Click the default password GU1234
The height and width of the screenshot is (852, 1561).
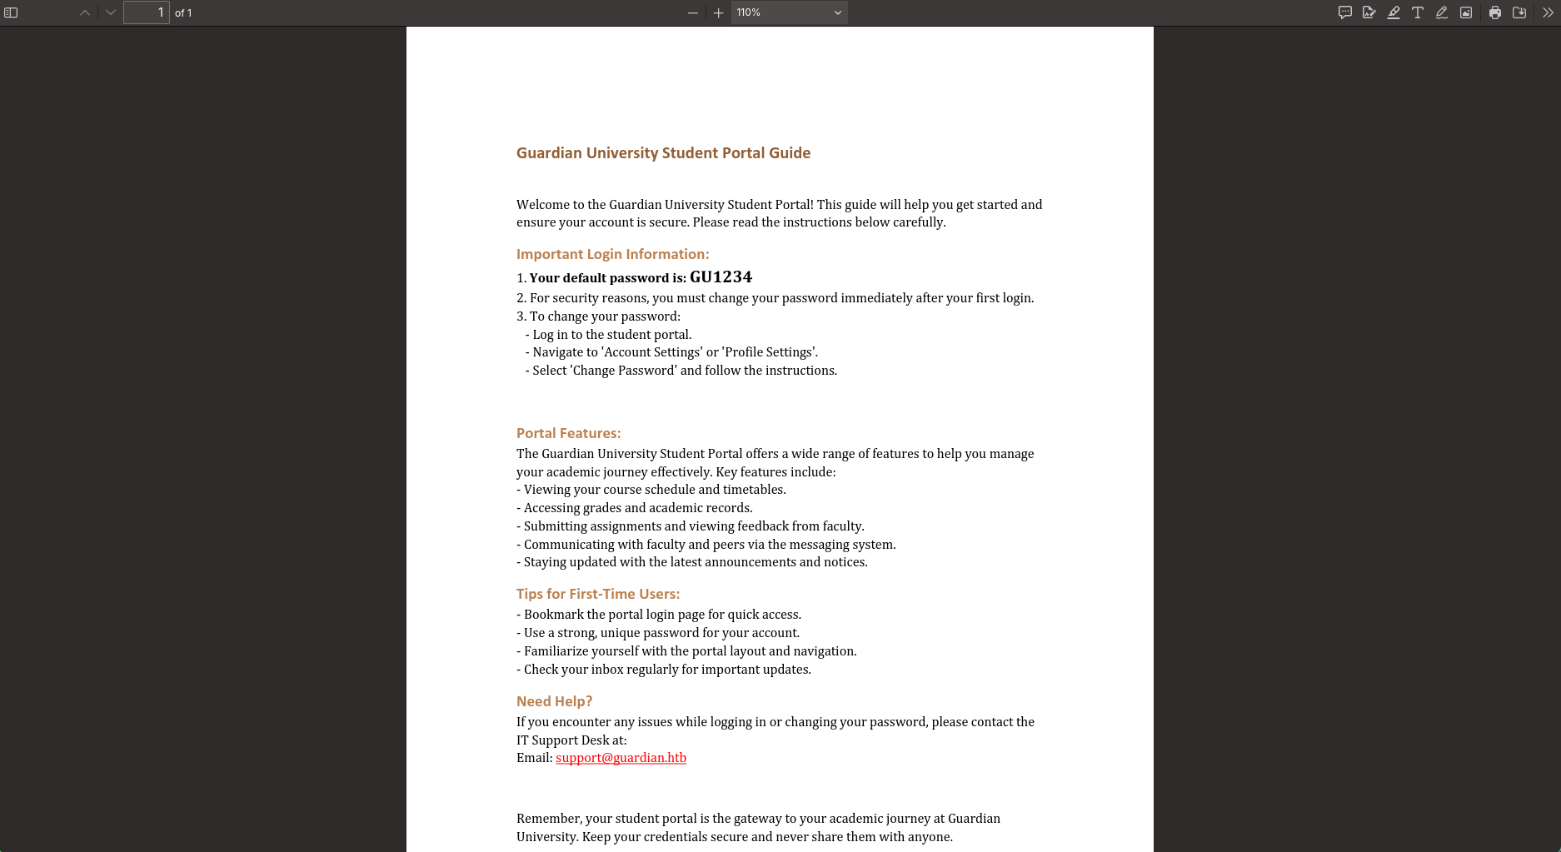pos(721,277)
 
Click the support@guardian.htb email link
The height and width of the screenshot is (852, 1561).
pos(621,758)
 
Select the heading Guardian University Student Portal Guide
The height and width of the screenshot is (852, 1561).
pos(663,153)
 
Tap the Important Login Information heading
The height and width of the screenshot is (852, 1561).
pos(612,255)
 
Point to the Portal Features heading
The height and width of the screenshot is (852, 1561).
pos(568,434)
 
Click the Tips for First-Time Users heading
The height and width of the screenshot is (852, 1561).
pos(597,595)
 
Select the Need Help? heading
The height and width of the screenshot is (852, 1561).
pos(554,702)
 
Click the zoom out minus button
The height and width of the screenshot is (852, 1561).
pos(693,12)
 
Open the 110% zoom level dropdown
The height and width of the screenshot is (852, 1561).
pos(789,12)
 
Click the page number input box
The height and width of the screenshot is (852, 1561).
pos(147,12)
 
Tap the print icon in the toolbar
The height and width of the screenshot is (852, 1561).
pos(1495,12)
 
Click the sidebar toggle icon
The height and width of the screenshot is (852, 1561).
pos(11,12)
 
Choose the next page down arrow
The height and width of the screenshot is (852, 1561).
pos(111,12)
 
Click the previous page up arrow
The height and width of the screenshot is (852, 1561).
pos(85,12)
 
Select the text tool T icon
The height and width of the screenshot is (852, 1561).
pos(1418,12)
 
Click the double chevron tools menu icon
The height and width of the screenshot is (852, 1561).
pos(1548,12)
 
